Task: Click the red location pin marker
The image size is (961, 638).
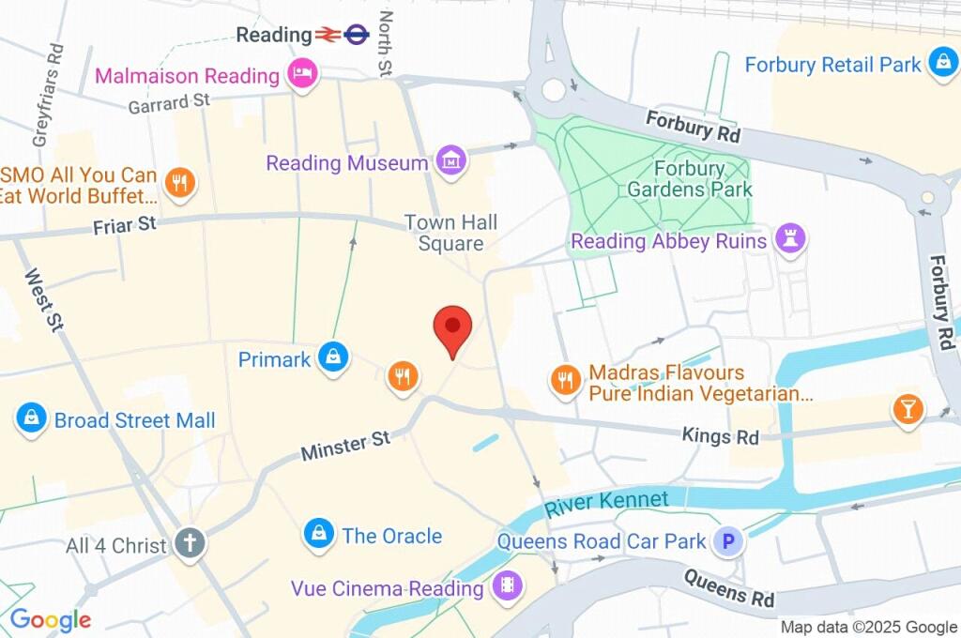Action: tap(452, 329)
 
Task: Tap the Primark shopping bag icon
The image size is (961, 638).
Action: tap(333, 357)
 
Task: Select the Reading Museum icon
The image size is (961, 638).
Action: tap(451, 160)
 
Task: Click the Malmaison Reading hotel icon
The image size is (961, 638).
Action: tap(301, 73)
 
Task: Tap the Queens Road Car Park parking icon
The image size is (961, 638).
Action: tap(727, 540)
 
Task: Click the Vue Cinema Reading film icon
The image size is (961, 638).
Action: tap(507, 587)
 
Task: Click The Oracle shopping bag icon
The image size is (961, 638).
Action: tap(319, 535)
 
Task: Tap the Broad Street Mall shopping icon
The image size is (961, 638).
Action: tap(32, 418)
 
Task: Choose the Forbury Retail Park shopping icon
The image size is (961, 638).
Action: tap(940, 63)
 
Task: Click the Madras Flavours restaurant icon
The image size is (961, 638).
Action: tap(564, 380)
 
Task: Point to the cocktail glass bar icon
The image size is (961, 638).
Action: tap(908, 408)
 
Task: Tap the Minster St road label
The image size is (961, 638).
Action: tap(345, 446)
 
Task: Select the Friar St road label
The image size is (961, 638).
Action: tap(124, 225)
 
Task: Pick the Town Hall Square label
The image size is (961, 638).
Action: tap(451, 233)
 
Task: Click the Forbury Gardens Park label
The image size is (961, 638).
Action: tap(703, 179)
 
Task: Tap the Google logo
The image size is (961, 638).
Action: tap(51, 619)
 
